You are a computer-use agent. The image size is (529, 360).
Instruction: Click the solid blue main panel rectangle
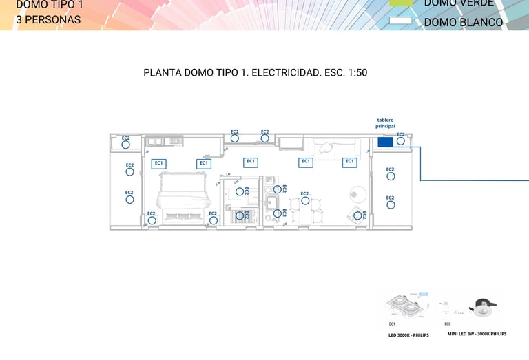point(385,142)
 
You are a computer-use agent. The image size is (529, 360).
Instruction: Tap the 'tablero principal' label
point(385,123)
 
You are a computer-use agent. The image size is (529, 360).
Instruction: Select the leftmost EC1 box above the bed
point(158,163)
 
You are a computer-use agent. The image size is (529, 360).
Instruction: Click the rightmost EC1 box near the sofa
point(350,162)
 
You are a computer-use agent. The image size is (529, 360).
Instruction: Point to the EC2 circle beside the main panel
point(400,141)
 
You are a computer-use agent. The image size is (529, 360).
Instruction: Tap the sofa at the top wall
point(334,147)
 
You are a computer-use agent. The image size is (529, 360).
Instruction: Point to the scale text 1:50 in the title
point(355,72)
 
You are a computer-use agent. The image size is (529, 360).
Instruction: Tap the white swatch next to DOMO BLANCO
point(400,21)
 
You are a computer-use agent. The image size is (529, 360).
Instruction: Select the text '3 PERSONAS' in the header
point(48,19)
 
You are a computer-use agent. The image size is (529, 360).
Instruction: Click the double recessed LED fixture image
point(406,306)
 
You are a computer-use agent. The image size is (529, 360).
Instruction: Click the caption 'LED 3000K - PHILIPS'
point(408,335)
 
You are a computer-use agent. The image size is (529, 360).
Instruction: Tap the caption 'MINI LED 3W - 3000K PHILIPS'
point(477,334)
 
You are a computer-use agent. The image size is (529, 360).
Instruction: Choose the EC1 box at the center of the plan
point(251,162)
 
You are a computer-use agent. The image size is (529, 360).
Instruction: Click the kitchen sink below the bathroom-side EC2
point(271,202)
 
